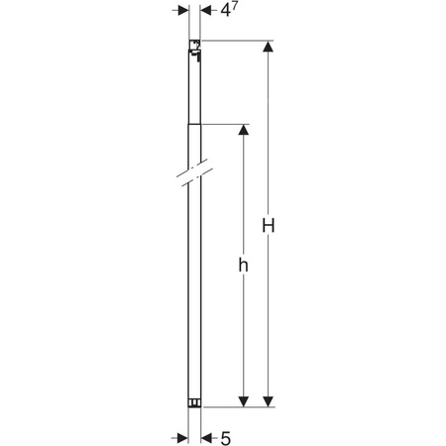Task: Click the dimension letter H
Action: coord(268,226)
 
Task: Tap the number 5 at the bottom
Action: coord(226,437)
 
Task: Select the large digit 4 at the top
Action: coord(227,11)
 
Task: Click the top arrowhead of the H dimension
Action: coord(268,48)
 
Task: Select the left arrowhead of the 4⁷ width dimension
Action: coord(182,9)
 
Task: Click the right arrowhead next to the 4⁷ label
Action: coord(206,9)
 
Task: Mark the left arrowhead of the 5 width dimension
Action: coord(182,436)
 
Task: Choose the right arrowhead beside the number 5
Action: coord(206,436)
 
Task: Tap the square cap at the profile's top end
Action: coord(195,46)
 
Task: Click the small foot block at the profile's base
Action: coord(194,402)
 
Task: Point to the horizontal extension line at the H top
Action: coord(238,41)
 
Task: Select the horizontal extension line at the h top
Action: coord(223,125)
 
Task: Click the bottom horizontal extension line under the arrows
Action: coord(238,406)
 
